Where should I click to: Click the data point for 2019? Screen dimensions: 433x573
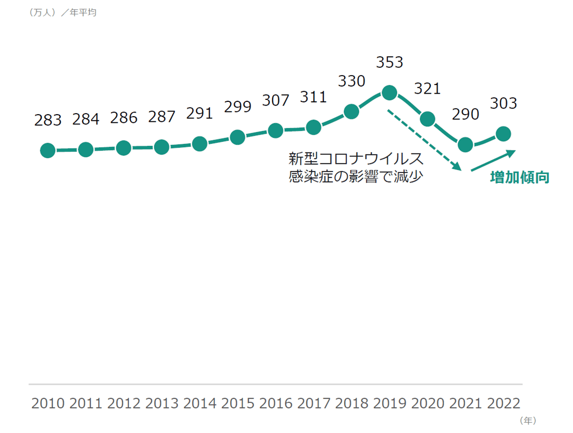click(x=390, y=93)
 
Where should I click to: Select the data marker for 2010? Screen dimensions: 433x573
click(x=48, y=151)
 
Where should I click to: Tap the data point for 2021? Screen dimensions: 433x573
click(x=465, y=144)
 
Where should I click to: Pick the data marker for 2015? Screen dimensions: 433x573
click(x=237, y=137)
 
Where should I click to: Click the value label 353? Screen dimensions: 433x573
click(x=390, y=63)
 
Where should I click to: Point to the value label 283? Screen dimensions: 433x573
click(x=48, y=120)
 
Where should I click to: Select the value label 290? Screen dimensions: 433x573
click(x=465, y=114)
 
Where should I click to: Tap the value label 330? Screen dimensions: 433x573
click(x=351, y=81)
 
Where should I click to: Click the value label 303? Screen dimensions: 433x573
click(x=503, y=103)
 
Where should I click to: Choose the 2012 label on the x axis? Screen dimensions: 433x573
click(x=124, y=403)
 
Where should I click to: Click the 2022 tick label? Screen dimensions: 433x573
click(x=504, y=403)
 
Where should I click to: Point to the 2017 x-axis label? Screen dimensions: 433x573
click(x=314, y=403)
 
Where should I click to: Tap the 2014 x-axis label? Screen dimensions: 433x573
click(x=200, y=403)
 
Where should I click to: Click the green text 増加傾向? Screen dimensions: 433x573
click(x=520, y=178)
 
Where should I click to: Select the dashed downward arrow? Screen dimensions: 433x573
click(x=424, y=140)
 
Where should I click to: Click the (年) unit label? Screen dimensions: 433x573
click(x=528, y=421)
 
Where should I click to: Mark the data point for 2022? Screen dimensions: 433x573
click(x=503, y=134)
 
